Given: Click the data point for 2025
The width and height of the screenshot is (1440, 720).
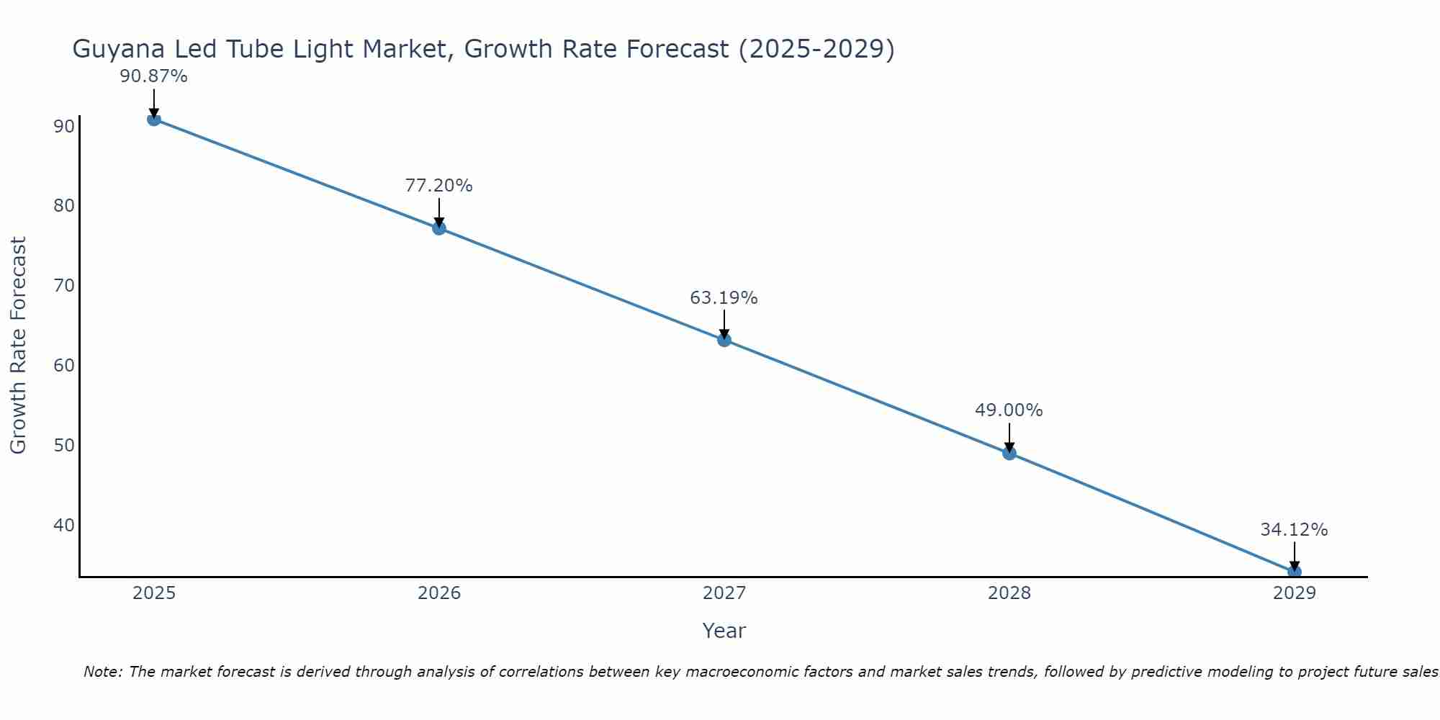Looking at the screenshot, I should [154, 119].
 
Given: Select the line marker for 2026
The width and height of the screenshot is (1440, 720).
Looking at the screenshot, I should [439, 228].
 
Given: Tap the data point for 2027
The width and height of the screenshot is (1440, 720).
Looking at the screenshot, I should [724, 340].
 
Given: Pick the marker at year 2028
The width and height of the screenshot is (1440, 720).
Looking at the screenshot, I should [1009, 453].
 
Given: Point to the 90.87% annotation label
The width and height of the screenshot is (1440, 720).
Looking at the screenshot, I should [154, 76].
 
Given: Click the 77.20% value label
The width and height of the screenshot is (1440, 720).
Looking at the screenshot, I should [439, 186].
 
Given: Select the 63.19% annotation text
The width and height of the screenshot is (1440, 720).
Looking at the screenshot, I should [724, 298].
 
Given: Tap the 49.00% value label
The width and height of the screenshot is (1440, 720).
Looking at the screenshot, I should [1009, 410].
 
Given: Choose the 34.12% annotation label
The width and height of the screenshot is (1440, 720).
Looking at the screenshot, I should [1294, 530].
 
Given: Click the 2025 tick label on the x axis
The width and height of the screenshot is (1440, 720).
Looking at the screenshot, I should [154, 593].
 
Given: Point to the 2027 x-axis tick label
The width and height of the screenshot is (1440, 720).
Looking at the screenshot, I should [724, 593].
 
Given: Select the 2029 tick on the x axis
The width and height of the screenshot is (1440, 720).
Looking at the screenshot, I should [1294, 593].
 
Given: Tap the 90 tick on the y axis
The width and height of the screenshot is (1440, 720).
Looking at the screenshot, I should [64, 127].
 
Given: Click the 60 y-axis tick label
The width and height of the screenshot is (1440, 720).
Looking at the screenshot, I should [64, 365].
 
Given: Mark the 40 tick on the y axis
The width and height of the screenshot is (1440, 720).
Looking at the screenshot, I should [64, 525].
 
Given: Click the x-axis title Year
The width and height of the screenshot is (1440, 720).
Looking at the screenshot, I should [724, 631].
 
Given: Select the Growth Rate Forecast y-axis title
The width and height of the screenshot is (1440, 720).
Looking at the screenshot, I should [19, 346].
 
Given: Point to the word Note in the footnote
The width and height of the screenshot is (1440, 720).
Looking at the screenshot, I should [102, 672].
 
